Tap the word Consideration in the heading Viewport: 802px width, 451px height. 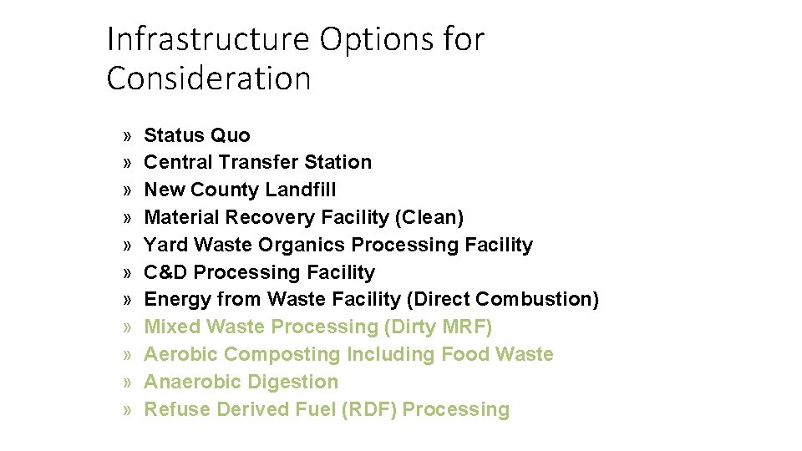tap(209, 79)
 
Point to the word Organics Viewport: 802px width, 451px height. tap(302, 245)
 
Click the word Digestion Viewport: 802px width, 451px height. tap(297, 382)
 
